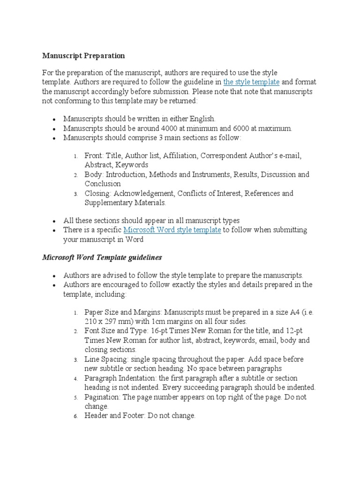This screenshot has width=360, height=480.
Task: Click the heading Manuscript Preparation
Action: tap(83, 56)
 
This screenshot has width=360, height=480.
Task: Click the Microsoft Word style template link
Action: tap(172, 230)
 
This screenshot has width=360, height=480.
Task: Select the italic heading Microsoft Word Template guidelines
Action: tap(102, 258)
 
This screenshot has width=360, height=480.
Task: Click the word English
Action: tap(200, 119)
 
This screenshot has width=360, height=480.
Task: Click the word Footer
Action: tap(140, 416)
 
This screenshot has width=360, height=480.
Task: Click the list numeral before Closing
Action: tap(75, 194)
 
